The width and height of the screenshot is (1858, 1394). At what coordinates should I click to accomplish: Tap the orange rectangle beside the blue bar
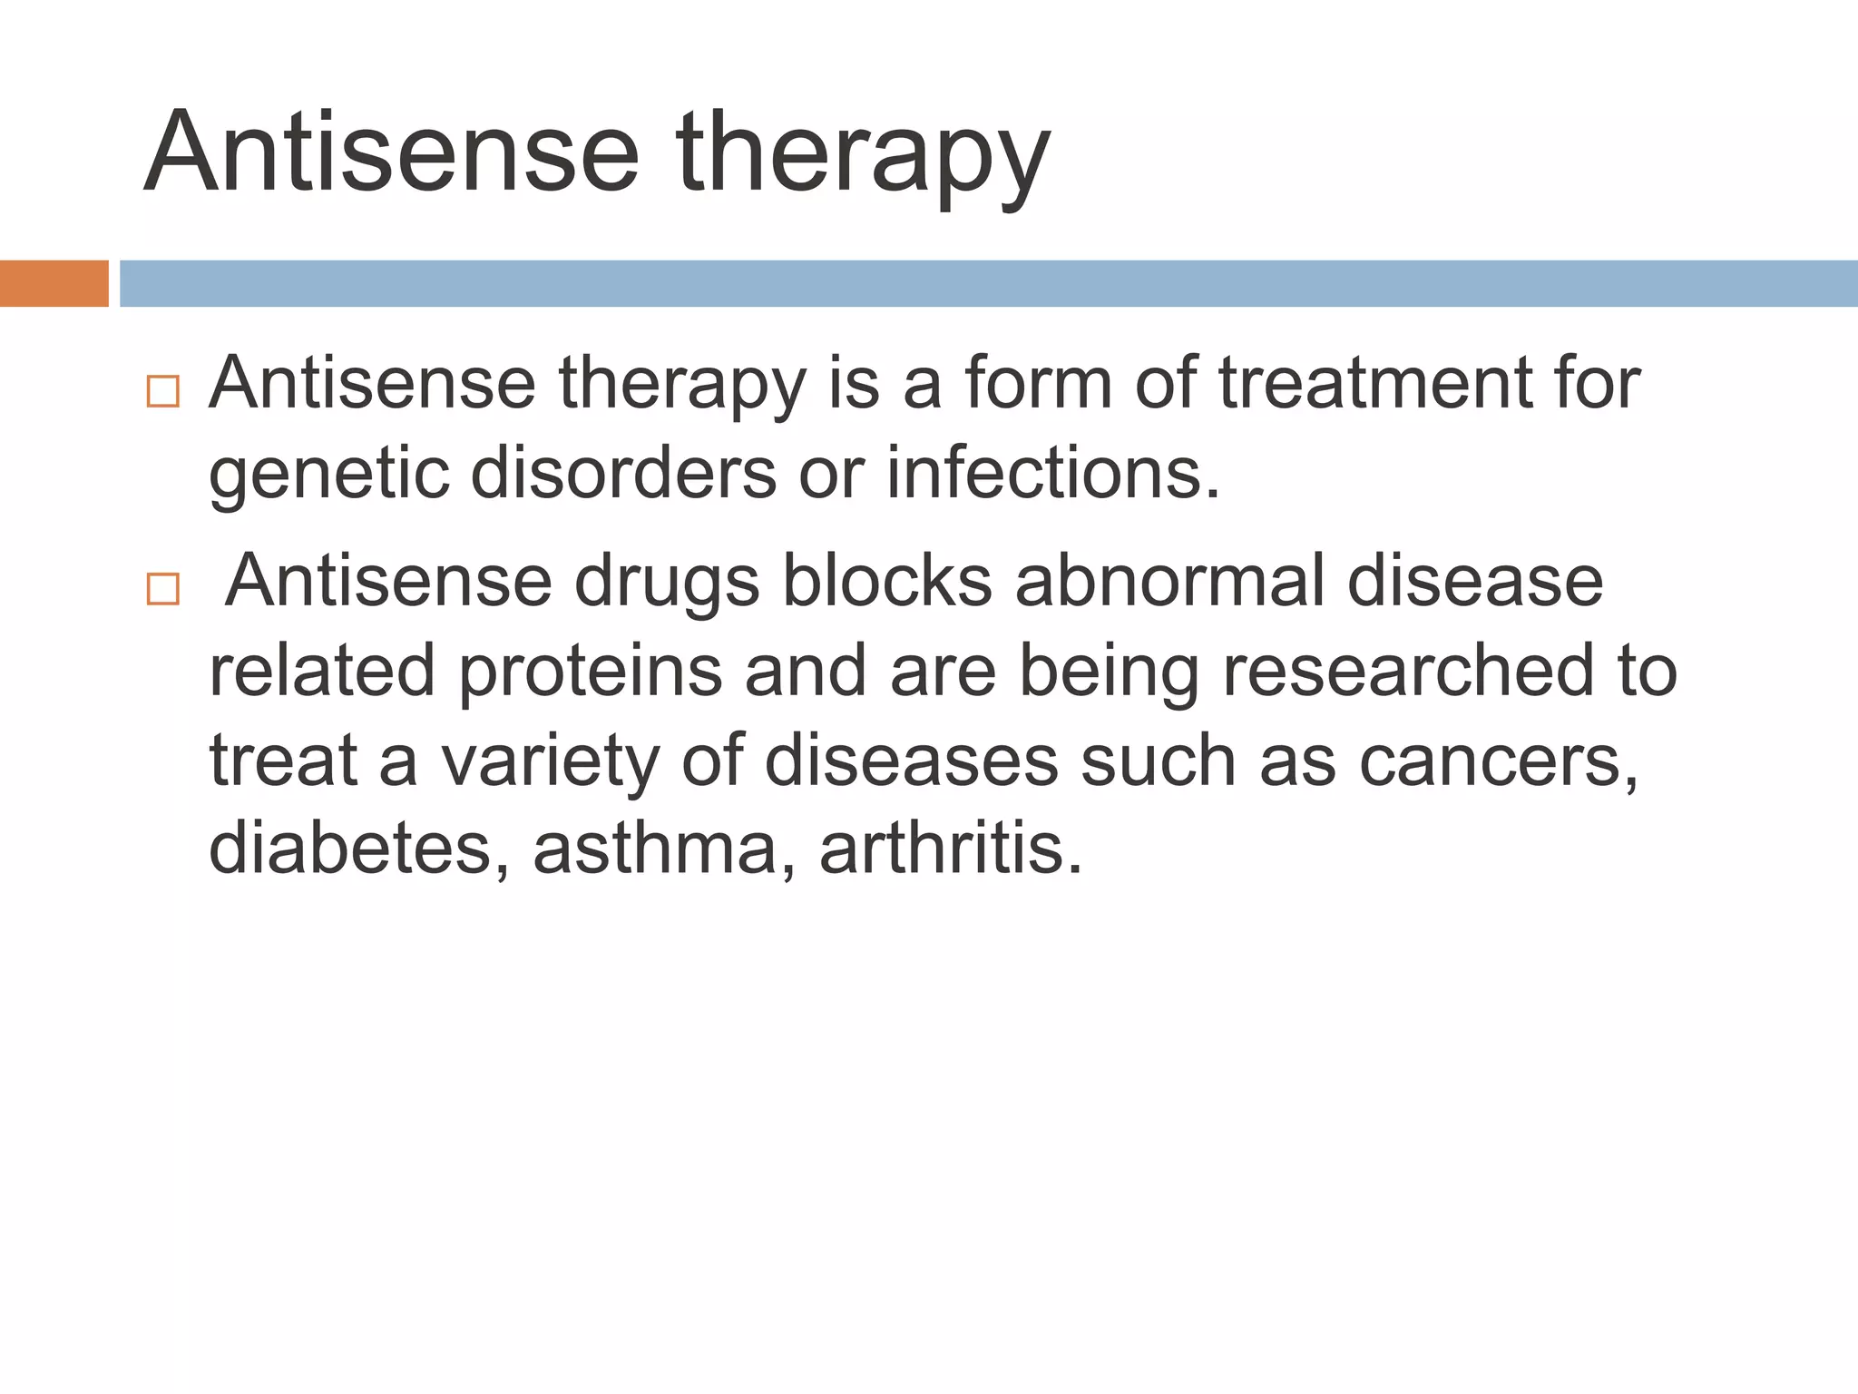point(54,283)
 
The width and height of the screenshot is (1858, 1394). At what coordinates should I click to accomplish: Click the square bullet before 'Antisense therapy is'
point(162,391)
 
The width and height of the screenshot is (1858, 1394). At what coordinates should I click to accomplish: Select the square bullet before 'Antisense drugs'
point(162,589)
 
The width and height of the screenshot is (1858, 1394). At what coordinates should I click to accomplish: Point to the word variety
point(550,761)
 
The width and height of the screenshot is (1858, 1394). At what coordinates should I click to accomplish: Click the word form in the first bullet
point(1038,383)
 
